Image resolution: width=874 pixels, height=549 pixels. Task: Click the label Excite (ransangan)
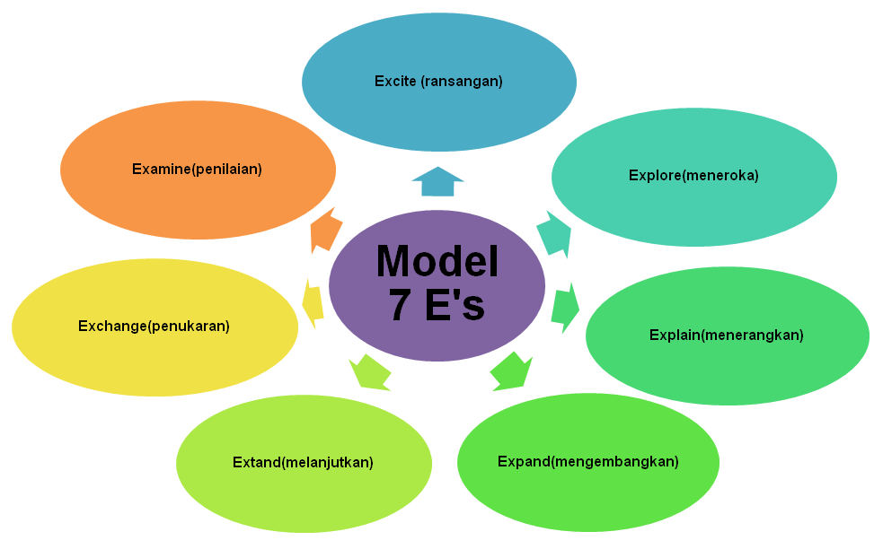(438, 81)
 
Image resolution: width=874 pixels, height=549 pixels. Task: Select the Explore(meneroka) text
(693, 176)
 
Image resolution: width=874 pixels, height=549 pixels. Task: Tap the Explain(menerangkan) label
(726, 335)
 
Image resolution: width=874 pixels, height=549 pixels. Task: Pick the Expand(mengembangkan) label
(587, 462)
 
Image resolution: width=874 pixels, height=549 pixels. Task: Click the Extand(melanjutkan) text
(303, 463)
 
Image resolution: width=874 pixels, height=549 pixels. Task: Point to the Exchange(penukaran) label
(154, 326)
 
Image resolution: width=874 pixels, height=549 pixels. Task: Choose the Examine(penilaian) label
(197, 169)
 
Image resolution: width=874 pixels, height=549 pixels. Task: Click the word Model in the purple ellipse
(437, 261)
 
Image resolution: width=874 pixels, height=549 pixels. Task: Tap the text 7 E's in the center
(437, 306)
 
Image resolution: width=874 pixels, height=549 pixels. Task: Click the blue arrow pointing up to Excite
(437, 182)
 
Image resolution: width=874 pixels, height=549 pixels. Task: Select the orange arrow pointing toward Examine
(325, 231)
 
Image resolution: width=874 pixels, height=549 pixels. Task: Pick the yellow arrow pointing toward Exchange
(313, 301)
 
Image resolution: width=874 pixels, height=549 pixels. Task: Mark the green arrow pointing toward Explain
(565, 308)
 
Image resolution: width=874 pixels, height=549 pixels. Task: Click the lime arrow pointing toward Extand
(370, 370)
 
